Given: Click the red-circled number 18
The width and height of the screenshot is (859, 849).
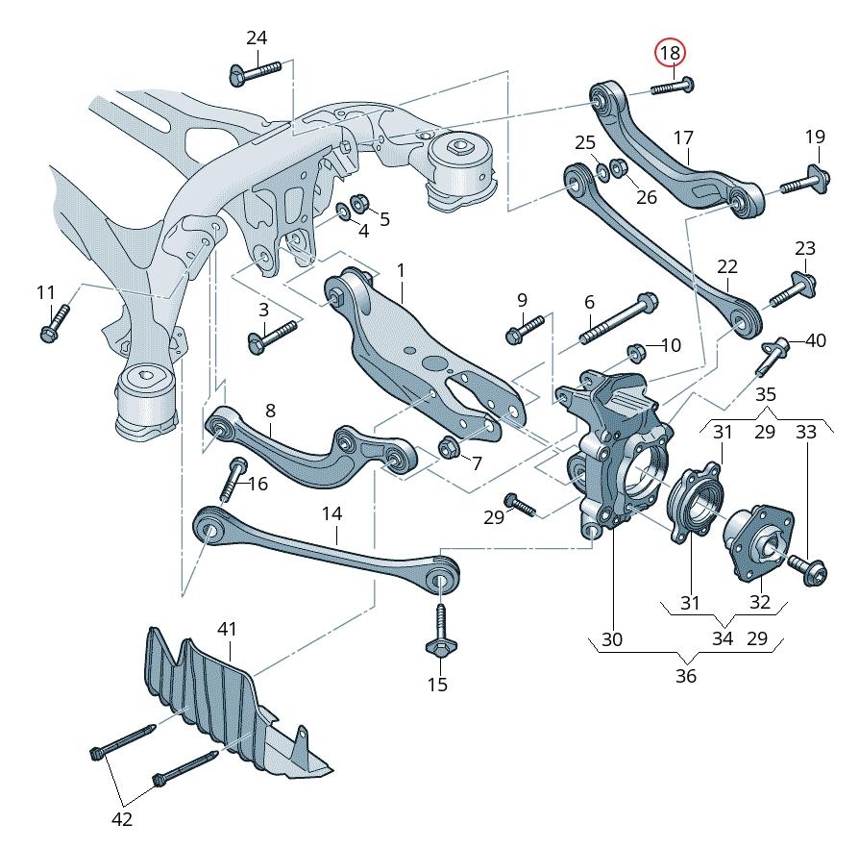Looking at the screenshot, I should (x=670, y=53).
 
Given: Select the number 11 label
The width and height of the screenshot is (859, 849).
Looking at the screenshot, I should (x=46, y=291).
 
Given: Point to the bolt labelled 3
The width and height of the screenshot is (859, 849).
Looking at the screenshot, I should (x=275, y=336).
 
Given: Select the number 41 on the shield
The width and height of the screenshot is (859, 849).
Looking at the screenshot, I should (x=227, y=630).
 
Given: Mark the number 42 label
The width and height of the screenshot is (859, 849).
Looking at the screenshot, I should (x=122, y=819).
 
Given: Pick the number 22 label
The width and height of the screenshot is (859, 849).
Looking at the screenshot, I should (x=727, y=265).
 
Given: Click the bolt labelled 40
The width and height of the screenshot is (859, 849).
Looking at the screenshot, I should (x=773, y=356).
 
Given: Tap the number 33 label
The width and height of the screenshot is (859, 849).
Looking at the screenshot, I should (x=805, y=432).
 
